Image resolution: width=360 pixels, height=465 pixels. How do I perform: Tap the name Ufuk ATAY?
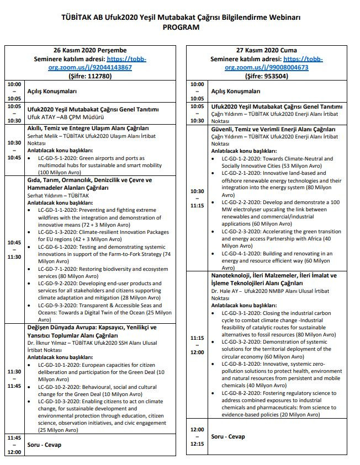tap(42, 117)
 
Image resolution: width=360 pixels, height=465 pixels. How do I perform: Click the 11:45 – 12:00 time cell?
tap(14, 445)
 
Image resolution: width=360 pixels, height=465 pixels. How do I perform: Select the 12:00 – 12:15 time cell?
tap(197, 436)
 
